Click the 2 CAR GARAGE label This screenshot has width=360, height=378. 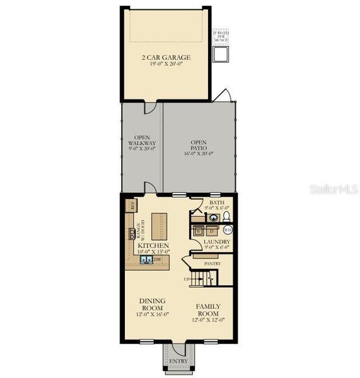[166, 57]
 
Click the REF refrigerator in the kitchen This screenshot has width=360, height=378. [132, 205]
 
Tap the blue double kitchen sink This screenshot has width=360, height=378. [145, 259]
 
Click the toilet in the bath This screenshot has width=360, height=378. [228, 217]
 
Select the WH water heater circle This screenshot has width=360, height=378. [228, 231]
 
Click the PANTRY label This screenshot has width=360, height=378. [211, 264]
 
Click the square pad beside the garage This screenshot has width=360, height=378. [221, 55]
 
